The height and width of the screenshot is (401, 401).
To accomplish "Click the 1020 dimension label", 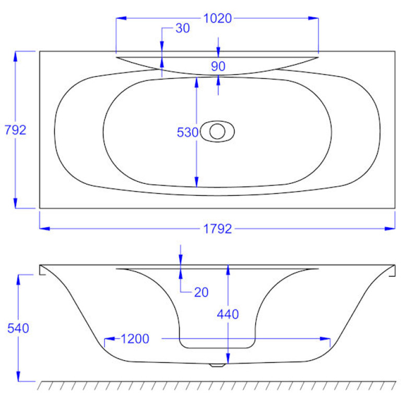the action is pos(217,19).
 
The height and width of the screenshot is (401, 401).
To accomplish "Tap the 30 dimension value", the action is pos(183,28).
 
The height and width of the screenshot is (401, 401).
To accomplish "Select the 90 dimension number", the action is pos(218,66).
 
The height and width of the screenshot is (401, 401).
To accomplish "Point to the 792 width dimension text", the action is pos(15,130).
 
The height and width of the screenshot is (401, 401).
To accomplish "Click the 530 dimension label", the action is pos(187,133).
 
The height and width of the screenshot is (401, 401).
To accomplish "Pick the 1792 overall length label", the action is pos(217,229).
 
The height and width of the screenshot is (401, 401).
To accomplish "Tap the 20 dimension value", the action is pos(201,292).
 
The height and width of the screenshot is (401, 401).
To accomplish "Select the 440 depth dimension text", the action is pos(228,314).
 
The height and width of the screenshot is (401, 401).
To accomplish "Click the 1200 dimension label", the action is pos(135,339).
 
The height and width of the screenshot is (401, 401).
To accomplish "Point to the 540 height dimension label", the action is pos(18,328).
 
